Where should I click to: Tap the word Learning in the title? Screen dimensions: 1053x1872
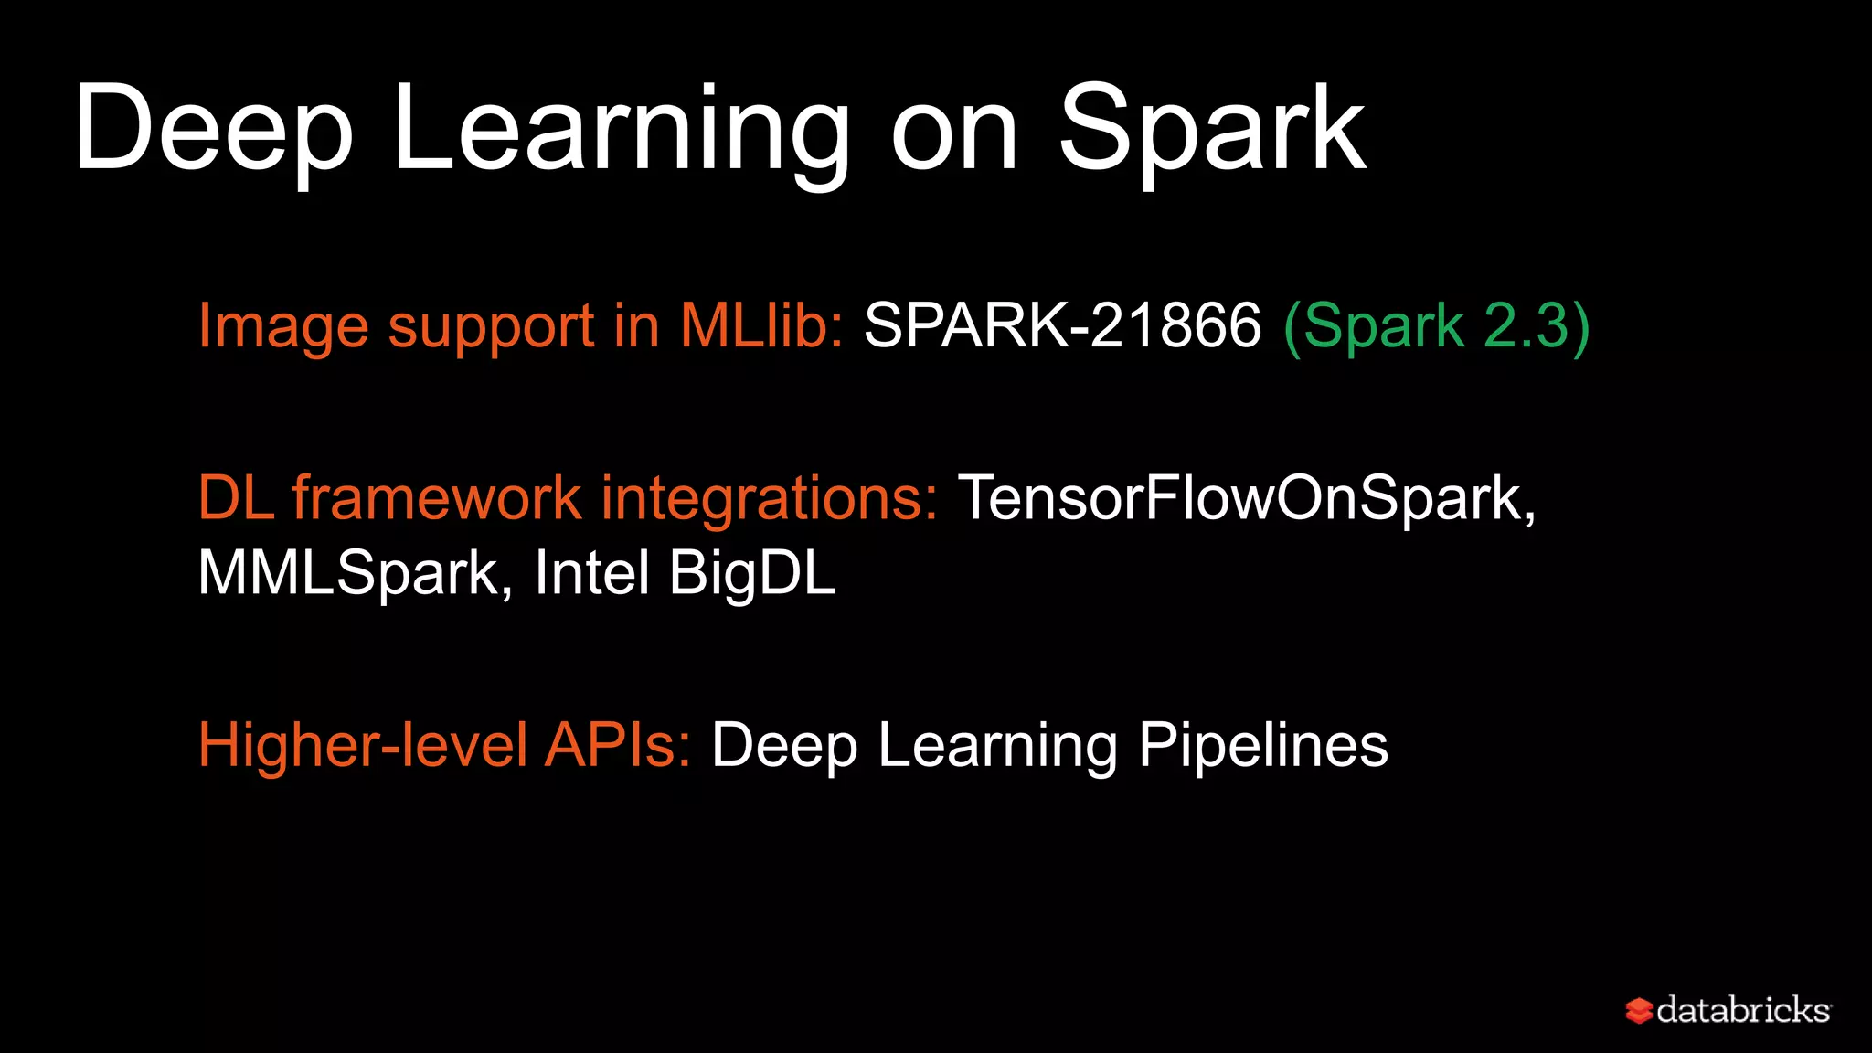pos(622,128)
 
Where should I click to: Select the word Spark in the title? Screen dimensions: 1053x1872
pos(1212,128)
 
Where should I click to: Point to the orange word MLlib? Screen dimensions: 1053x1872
pos(761,325)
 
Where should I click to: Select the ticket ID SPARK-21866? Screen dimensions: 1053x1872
pos(1062,325)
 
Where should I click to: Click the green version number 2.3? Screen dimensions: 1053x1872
pos(1526,325)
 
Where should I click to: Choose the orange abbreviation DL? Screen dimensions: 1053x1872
pos(236,498)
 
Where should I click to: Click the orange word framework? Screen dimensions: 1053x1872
pos(437,498)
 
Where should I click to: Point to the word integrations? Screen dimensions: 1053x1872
pos(769,498)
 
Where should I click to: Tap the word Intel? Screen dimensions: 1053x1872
pos(591,573)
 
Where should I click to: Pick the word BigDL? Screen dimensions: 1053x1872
pos(752,573)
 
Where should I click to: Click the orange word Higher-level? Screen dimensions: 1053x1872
pos(363,745)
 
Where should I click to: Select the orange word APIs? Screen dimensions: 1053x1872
pos(618,745)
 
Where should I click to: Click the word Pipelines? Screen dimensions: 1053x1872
pos(1263,745)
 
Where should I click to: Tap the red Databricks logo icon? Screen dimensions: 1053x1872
pos(1638,1011)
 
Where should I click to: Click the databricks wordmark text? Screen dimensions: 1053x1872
pos(1742,1010)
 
